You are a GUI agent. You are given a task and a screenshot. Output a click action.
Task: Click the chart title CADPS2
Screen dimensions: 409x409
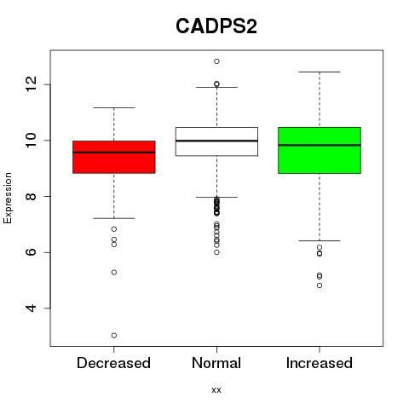coord(216,26)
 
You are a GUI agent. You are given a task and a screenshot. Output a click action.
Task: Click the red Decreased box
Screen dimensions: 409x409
coord(114,157)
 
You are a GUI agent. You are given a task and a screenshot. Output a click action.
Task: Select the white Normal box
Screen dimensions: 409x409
coord(216,141)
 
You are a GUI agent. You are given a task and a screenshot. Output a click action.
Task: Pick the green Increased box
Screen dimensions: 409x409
coord(320,150)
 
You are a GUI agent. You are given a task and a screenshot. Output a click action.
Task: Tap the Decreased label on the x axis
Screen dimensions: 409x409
coord(113,363)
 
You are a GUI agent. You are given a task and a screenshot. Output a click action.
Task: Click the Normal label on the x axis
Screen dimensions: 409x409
coord(216,363)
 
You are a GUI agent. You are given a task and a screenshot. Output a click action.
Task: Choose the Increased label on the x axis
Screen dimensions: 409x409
coord(320,363)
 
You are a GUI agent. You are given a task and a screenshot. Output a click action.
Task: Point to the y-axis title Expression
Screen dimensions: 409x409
coord(8,198)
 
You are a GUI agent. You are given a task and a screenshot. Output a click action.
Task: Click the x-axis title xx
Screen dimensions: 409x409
coord(216,389)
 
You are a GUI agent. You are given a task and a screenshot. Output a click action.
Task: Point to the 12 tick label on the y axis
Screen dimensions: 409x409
coord(32,84)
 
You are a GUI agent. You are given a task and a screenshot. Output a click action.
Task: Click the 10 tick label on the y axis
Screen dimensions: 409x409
coord(32,141)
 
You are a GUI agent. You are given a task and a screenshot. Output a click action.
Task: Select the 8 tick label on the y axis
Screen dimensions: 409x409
coord(32,196)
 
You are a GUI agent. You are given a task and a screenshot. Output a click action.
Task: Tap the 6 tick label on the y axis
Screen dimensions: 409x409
coord(32,252)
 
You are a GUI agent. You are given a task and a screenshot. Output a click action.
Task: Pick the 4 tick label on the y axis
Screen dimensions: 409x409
coord(32,308)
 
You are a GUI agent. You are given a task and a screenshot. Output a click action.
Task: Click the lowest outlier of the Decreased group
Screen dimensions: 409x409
coord(114,336)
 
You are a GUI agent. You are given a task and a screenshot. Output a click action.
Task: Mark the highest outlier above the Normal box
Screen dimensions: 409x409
coord(216,61)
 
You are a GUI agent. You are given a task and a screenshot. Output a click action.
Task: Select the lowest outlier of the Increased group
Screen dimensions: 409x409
coord(320,285)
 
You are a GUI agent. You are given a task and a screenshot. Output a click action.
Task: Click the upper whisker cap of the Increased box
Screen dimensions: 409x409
coord(320,72)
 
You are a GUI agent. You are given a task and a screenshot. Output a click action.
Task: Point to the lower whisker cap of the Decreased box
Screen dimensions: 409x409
coord(114,218)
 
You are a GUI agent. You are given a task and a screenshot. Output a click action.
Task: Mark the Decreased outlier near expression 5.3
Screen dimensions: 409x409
coord(114,273)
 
